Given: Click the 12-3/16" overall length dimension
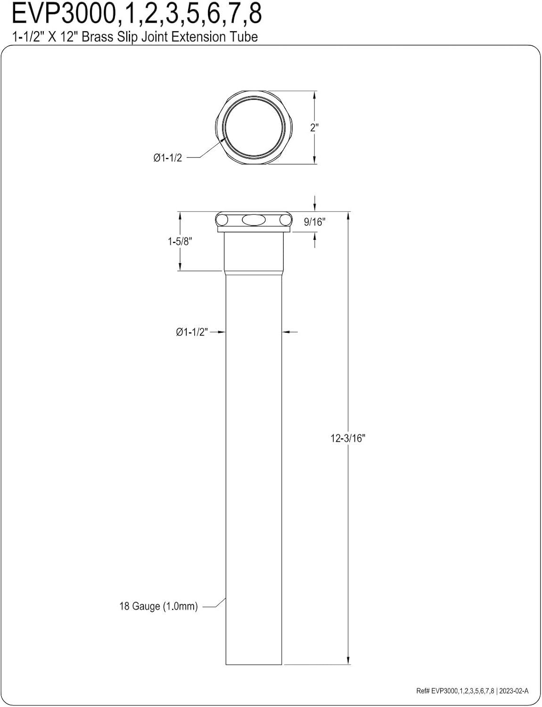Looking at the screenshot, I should click(x=348, y=438).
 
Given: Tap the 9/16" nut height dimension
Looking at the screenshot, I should click(x=314, y=222).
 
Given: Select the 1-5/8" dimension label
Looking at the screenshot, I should click(x=180, y=241).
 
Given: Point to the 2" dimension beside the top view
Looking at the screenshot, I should click(x=314, y=128).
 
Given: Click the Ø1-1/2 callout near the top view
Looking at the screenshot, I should click(x=167, y=158).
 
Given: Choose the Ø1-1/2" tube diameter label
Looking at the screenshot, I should click(x=192, y=332).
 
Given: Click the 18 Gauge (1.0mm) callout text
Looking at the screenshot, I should click(x=158, y=606).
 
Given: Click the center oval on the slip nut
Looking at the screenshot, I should click(x=254, y=220).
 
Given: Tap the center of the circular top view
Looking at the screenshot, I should click(x=255, y=127).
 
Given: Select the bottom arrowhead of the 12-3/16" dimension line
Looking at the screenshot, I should click(x=348, y=660).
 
